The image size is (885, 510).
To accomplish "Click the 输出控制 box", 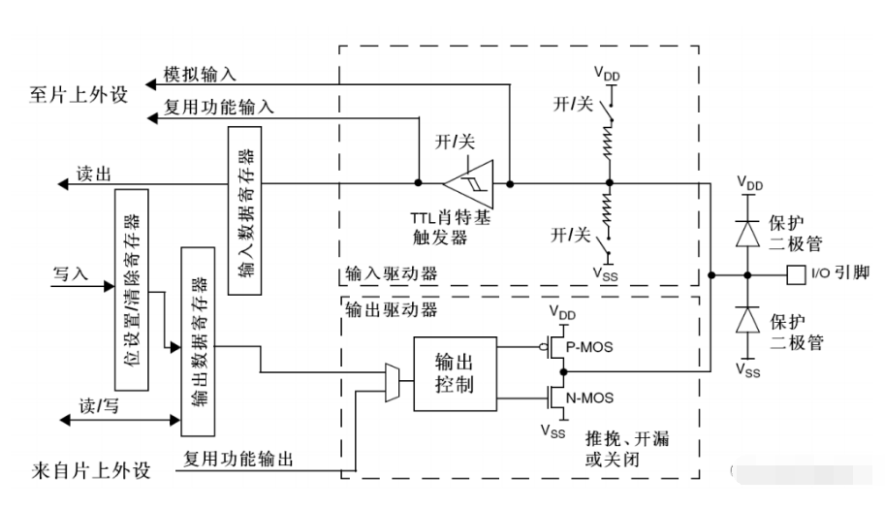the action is [x=455, y=374].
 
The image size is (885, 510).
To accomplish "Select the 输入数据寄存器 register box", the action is [x=244, y=210].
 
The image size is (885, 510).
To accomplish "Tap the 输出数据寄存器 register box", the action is [x=198, y=341].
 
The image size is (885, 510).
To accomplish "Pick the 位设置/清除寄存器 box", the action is [x=132, y=290].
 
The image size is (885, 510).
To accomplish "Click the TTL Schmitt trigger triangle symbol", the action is [x=469, y=183].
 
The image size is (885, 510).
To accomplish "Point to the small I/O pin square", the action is [x=796, y=275].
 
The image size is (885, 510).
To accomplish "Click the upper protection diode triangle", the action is [x=748, y=234].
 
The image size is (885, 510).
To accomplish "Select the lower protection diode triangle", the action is [x=748, y=320].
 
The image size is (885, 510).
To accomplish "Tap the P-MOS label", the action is [x=589, y=347].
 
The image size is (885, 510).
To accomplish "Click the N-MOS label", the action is [x=589, y=398].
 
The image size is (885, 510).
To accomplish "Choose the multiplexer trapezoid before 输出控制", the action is [x=393, y=383].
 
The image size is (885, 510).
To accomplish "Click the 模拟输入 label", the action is [x=200, y=74].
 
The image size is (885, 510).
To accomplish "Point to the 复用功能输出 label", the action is [x=238, y=459].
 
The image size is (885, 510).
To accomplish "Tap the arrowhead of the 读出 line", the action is [x=63, y=184].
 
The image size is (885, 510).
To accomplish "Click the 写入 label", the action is [x=71, y=274].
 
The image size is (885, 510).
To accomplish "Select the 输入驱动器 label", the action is [x=392, y=274].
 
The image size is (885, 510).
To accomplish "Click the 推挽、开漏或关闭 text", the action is [x=627, y=449].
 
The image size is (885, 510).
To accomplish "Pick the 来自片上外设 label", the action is [x=91, y=470].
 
